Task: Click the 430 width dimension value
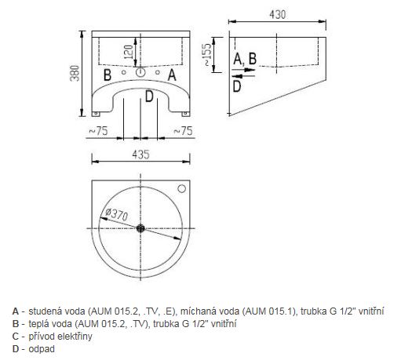click(x=277, y=14)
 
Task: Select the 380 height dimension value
click(x=75, y=73)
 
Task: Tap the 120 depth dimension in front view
click(x=128, y=52)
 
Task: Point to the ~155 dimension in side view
click(x=208, y=55)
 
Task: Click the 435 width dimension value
click(x=140, y=155)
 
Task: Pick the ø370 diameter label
click(x=116, y=215)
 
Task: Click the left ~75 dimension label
click(x=99, y=131)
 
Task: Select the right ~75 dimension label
click(x=183, y=131)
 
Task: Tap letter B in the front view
click(x=108, y=75)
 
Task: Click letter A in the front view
click(x=172, y=75)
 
